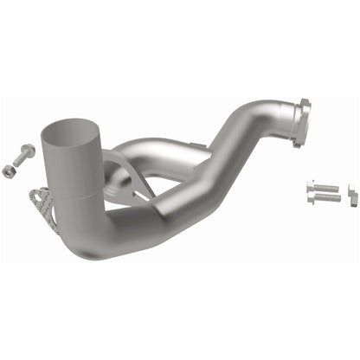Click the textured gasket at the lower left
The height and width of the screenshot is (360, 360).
click(40, 201)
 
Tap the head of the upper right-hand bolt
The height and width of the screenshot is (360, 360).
click(310, 185)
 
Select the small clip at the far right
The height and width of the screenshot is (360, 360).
click(351, 194)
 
